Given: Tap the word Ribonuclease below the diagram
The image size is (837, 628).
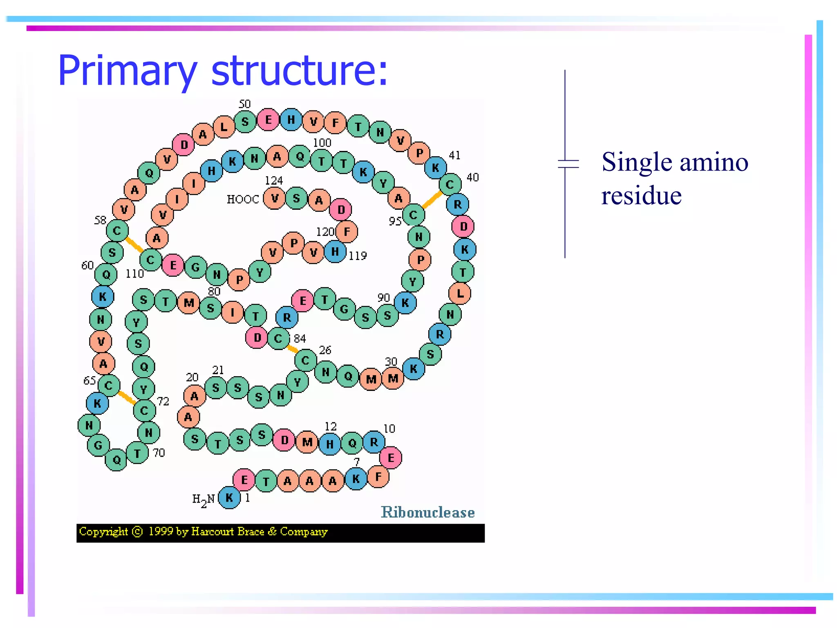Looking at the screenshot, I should click(427, 512).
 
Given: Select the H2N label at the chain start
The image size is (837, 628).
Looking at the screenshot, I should click(203, 500).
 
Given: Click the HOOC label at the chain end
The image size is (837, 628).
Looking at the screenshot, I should click(243, 199).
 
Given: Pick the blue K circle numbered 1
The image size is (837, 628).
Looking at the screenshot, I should click(229, 498).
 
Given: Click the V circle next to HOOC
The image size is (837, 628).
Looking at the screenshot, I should click(275, 198).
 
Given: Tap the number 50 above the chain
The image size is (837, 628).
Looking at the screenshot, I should click(244, 104).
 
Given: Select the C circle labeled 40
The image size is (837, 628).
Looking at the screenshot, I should click(450, 184).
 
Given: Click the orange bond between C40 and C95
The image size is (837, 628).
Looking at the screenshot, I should click(432, 200).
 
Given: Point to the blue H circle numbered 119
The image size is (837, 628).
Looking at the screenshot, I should click(335, 251).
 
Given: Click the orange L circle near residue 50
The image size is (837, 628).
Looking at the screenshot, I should click(224, 127).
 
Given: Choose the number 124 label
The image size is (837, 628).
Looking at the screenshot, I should click(273, 180).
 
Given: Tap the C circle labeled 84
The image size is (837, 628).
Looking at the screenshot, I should click(278, 338).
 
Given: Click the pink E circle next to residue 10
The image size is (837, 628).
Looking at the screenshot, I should click(391, 458).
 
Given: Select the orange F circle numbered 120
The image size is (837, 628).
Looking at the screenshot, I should click(347, 232).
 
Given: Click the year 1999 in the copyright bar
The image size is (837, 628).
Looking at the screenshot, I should click(161, 532).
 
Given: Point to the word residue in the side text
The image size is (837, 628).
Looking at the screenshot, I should click(641, 195).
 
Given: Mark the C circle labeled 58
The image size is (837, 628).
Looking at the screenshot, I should click(117, 231).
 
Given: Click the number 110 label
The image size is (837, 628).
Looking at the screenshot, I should click(134, 274).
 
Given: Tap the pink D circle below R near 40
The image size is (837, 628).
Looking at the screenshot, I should click(463, 226).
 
